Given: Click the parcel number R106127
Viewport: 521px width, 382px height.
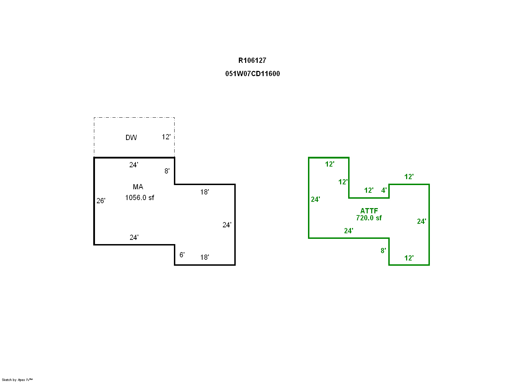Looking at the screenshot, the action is click(x=252, y=60).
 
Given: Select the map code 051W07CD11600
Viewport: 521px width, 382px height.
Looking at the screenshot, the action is click(x=252, y=74).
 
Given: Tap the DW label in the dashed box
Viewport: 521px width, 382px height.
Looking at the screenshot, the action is click(x=131, y=138).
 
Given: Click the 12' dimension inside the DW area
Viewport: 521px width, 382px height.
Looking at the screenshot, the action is click(x=166, y=137).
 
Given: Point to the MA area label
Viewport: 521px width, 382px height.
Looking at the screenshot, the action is click(x=138, y=187).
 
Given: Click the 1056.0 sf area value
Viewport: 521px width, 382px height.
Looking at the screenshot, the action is click(x=140, y=198).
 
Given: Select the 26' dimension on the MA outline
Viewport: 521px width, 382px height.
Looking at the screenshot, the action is click(x=101, y=200).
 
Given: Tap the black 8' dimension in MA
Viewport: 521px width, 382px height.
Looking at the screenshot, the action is click(x=167, y=171).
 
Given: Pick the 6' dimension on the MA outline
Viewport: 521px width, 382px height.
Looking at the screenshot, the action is click(x=182, y=255).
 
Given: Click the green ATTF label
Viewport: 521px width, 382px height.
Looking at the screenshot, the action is click(x=369, y=211).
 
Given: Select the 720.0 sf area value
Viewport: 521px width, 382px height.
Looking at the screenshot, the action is click(x=369, y=218).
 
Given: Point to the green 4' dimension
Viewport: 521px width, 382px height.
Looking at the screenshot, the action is click(x=384, y=190).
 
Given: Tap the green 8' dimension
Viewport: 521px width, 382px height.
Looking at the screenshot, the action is click(x=383, y=251).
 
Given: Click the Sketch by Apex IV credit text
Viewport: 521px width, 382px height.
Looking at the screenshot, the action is click(x=17, y=380).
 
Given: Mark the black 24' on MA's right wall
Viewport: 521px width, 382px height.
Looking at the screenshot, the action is click(x=227, y=225).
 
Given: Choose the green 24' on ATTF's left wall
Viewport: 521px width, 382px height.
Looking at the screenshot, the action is click(x=315, y=199).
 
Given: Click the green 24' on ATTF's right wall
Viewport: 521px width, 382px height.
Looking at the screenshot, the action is click(x=421, y=221).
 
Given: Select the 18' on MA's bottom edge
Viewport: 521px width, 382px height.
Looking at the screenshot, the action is click(x=204, y=257).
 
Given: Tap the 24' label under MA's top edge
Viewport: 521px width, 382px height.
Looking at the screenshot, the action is click(x=134, y=165).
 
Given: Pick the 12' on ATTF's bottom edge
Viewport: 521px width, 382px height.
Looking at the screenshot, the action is click(x=409, y=258).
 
